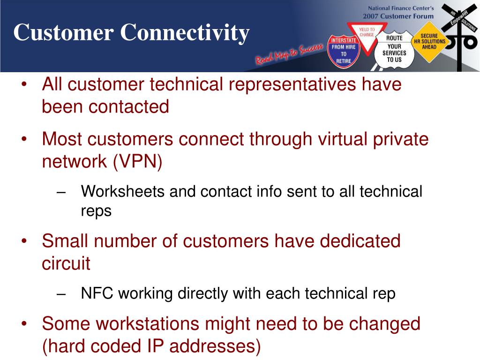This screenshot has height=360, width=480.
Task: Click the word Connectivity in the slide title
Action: [185, 33]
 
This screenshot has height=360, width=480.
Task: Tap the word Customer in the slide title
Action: [64, 32]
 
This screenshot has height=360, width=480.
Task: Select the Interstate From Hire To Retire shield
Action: [344, 51]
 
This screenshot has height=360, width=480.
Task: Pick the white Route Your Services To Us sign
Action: [394, 49]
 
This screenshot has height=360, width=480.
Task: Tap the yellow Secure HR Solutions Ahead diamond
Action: [429, 42]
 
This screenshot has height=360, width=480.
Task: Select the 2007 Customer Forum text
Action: [398, 16]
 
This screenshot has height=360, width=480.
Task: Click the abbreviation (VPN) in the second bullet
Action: [137, 161]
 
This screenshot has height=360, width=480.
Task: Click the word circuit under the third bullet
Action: [66, 263]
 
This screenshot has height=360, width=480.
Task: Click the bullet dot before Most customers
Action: [24, 139]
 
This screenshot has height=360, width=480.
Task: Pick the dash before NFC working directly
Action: [61, 294]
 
